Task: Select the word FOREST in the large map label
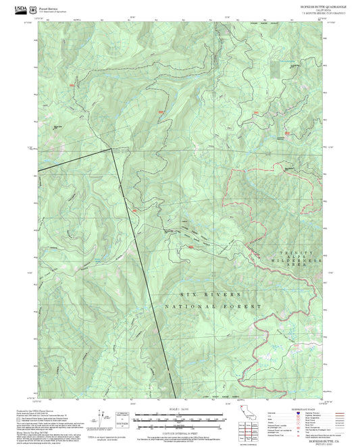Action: pyautogui.click(x=244, y=307)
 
